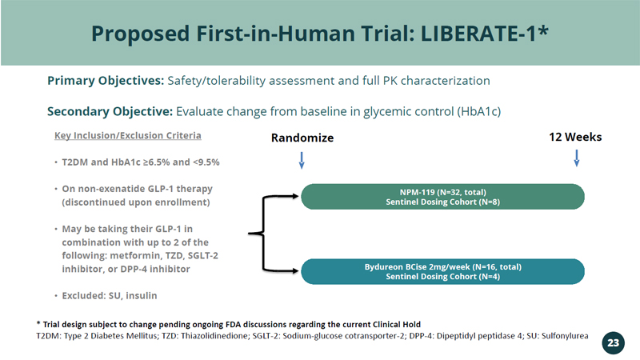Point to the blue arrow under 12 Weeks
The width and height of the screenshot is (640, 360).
click(576, 158)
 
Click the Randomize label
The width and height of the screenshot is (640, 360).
click(302, 138)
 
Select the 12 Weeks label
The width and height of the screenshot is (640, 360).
click(575, 137)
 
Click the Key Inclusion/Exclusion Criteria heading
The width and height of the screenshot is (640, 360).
click(127, 135)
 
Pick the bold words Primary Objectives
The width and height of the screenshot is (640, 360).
click(106, 81)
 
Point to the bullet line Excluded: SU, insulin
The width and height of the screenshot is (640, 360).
click(109, 295)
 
